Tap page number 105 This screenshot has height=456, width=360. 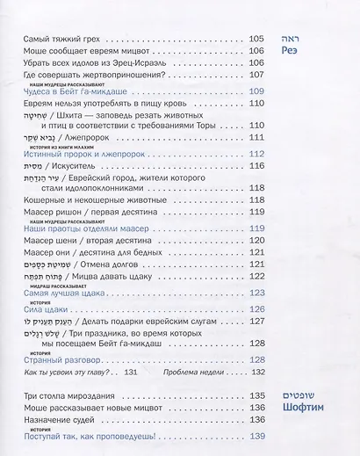(256, 39)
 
